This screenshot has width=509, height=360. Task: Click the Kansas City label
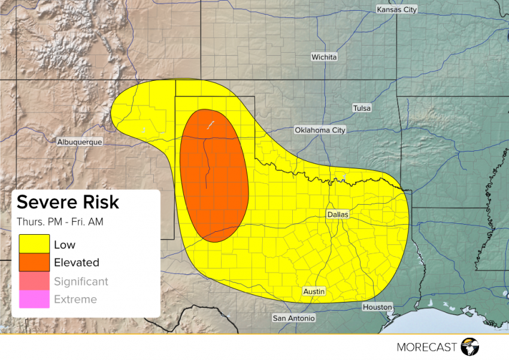coord(396,10)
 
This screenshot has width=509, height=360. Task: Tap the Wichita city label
coord(324,57)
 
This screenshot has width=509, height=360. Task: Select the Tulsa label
coord(361,108)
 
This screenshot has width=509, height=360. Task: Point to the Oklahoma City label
coord(320,130)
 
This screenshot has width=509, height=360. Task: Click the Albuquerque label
coord(80,142)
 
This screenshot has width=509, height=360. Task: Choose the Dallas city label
coord(338,214)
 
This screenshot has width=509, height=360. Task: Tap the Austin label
coord(314,291)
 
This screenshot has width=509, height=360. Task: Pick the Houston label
coord(377,307)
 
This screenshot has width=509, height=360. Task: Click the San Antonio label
coord(293,318)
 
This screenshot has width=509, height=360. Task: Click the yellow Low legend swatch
coord(34,244)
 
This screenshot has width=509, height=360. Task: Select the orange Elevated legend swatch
coord(34,262)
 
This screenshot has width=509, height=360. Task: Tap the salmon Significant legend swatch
coord(34,281)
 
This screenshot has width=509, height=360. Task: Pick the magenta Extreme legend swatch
coord(34,299)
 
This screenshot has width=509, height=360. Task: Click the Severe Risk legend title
coord(68,202)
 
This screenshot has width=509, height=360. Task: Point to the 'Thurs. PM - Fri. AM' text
coord(60,222)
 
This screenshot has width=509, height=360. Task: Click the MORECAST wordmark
coord(426,347)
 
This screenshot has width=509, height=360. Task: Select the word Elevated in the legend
coord(77,262)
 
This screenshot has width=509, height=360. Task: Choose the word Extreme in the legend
coord(75,299)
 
